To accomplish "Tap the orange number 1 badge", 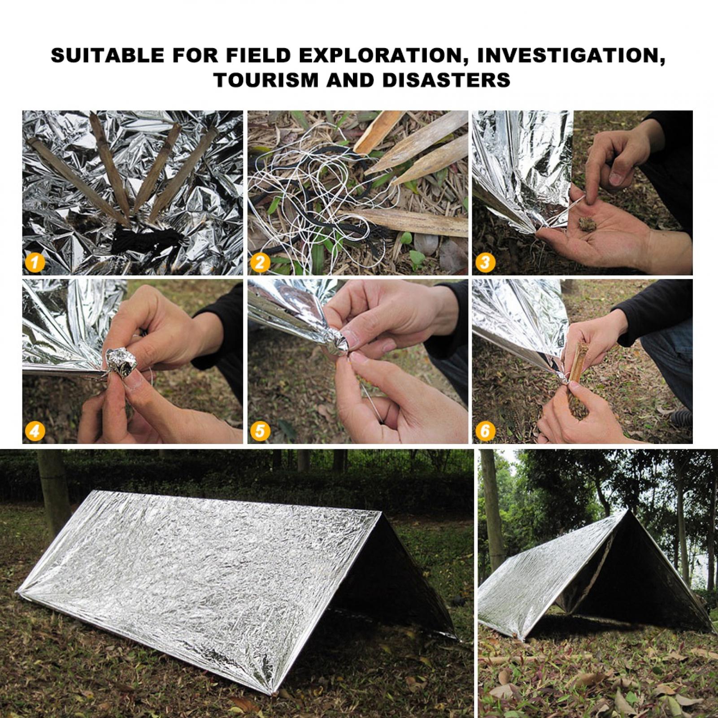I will (x=35, y=262).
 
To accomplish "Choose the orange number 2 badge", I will (x=260, y=262).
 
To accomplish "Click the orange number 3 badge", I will (x=484, y=262).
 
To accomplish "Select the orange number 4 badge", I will (x=35, y=431).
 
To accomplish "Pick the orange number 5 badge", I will (x=260, y=431).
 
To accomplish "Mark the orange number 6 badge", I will (x=484, y=431).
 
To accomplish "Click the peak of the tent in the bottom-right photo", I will (x=626, y=511).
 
